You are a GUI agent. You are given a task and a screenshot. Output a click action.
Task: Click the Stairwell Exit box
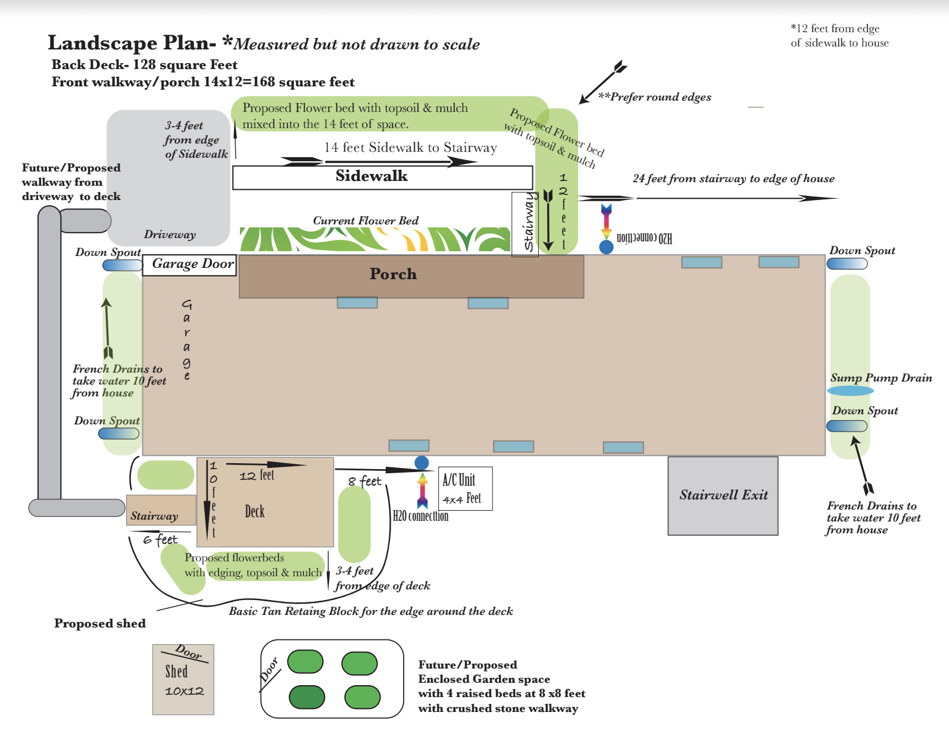tap(723, 495)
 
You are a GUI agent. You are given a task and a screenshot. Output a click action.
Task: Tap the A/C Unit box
tap(465, 489)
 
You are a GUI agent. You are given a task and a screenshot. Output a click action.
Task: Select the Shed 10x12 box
tap(183, 679)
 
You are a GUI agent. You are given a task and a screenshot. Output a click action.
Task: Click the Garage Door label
tap(190, 264)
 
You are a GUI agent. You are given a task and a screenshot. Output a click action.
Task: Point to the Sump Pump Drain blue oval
tap(850, 391)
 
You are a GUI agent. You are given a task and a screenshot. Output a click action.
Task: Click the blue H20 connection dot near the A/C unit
tap(422, 463)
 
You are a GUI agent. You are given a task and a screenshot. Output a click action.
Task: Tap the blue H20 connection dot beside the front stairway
tap(606, 247)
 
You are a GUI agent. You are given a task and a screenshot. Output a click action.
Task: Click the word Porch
tap(393, 274)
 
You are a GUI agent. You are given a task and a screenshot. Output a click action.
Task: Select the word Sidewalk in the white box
tap(372, 176)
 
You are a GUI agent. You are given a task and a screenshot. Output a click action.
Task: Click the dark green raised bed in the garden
tap(307, 697)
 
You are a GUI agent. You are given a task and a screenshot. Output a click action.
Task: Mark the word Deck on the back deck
tap(255, 511)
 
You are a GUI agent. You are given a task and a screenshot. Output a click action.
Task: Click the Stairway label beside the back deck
tap(155, 516)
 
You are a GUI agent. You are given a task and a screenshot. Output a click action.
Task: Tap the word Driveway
tap(170, 235)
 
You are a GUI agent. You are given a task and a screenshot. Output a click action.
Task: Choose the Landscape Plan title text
tap(132, 43)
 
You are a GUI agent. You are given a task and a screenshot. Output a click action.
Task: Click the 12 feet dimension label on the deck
tap(257, 476)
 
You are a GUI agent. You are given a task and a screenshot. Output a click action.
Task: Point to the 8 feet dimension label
tap(364, 481)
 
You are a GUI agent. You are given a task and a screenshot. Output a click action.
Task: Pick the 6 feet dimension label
tap(160, 539)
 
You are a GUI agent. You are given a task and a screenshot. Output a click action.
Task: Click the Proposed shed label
tap(100, 623)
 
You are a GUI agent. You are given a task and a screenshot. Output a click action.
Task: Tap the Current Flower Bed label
tap(366, 221)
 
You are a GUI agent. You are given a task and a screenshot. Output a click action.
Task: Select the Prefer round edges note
tap(655, 97)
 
